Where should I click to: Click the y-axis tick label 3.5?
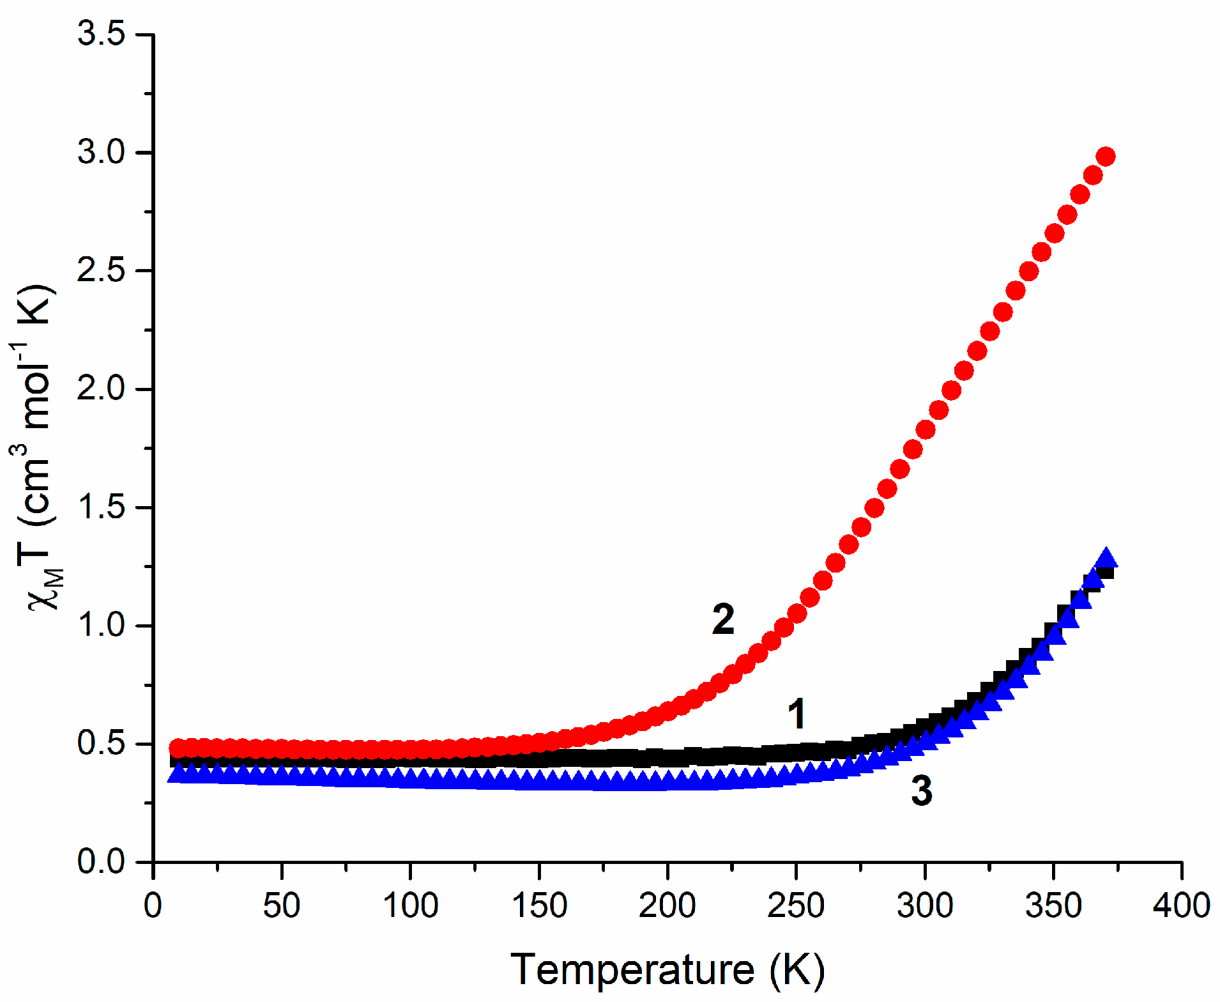tap(101, 33)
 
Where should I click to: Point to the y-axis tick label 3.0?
tap(101, 152)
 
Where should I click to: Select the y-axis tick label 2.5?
tap(101, 270)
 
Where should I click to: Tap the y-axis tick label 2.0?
tap(101, 389)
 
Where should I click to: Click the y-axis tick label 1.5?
tap(101, 507)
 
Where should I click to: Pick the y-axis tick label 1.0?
tap(101, 625)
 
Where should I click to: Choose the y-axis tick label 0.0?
tap(101, 861)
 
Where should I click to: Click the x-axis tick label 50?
tap(281, 906)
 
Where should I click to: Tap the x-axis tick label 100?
tap(410, 906)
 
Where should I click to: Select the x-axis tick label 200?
tap(667, 906)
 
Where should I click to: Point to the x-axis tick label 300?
tap(924, 906)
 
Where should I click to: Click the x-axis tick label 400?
tap(1181, 906)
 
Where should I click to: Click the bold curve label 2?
tap(723, 619)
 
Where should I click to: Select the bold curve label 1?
tap(797, 713)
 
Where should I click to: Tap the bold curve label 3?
tap(921, 790)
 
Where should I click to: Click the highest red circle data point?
tap(1106, 157)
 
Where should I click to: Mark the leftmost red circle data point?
tap(178, 748)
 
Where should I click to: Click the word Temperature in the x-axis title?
tap(632, 969)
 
